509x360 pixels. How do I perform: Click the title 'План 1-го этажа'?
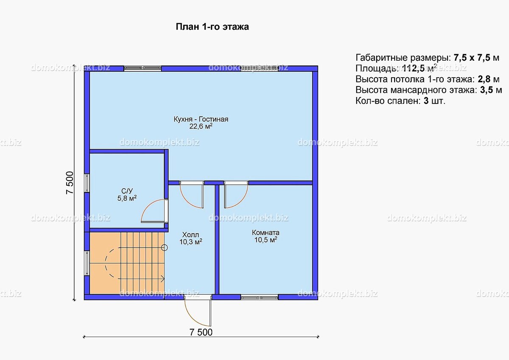(212, 27)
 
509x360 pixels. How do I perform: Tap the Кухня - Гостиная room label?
(201, 119)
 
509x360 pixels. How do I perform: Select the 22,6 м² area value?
(201, 126)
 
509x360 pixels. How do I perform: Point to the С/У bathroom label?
(127, 191)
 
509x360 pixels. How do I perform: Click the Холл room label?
(190, 234)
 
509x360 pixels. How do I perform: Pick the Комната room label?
(266, 233)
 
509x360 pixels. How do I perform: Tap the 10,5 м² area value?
(266, 240)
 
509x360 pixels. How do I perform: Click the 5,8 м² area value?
(127, 198)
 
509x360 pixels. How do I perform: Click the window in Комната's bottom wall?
(260, 297)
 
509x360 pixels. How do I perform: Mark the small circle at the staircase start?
(164, 248)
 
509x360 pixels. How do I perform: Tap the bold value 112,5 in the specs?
(413, 68)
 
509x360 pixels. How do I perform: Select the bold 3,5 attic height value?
(487, 90)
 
